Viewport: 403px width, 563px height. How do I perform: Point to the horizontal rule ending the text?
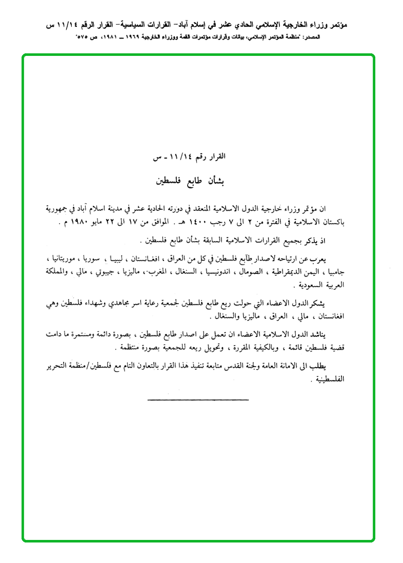(x=197, y=399)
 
